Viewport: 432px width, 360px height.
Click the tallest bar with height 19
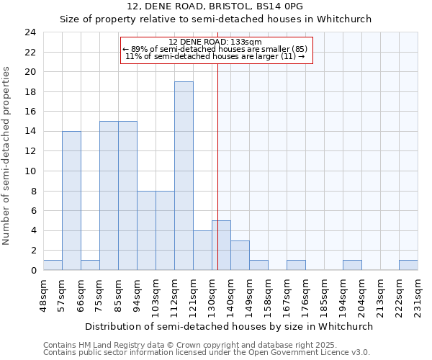184,176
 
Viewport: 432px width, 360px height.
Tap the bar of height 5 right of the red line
221,246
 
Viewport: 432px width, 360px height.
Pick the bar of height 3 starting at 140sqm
240,255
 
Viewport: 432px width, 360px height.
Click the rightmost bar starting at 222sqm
408,265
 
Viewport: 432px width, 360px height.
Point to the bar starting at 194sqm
352,265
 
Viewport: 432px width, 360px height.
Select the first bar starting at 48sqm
53,265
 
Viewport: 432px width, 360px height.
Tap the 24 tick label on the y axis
30,32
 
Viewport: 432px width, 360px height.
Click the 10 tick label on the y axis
30,171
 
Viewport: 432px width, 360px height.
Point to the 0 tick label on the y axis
33,270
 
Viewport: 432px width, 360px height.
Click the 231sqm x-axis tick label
418,296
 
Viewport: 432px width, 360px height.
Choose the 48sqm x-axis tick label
43,296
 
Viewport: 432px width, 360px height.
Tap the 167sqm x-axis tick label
287,296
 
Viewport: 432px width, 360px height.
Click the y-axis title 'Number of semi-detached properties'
7,156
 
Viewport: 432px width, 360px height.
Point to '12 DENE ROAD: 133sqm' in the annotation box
215,42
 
